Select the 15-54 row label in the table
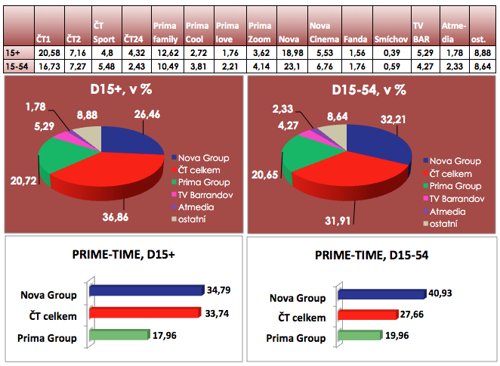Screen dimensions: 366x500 pyautogui.click(x=17, y=67)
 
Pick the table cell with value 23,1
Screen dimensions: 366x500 pyautogui.click(x=290, y=67)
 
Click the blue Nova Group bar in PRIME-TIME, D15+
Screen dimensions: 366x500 pyautogui.click(x=146, y=290)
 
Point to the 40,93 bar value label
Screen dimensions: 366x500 pyautogui.click(x=445, y=293)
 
